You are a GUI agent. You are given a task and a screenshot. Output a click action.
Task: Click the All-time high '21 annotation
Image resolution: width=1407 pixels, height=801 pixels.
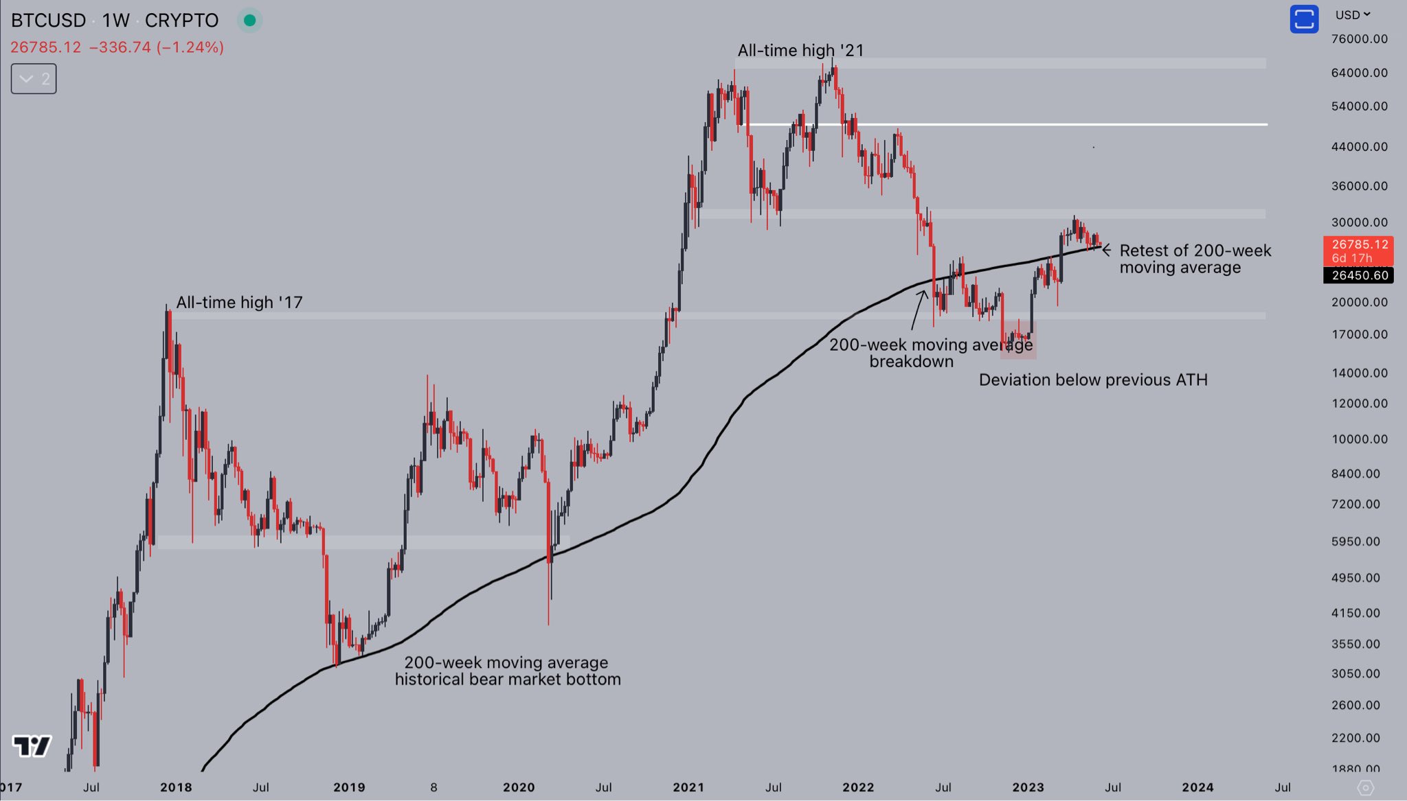(x=800, y=51)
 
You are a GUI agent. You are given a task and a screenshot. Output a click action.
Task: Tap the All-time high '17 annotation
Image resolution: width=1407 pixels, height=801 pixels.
(x=239, y=303)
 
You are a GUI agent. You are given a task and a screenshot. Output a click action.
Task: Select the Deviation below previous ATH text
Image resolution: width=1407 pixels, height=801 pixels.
(x=1092, y=380)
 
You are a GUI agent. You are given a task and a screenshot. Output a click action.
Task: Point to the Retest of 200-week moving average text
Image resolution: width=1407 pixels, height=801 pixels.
(x=1195, y=259)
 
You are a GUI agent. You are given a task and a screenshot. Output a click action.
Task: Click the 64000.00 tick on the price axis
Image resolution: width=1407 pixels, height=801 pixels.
(x=1359, y=73)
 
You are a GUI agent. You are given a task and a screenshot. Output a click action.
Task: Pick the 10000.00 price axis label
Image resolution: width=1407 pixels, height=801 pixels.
(x=1359, y=439)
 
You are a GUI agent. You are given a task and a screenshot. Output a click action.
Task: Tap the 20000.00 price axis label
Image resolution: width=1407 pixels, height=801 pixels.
(x=1359, y=302)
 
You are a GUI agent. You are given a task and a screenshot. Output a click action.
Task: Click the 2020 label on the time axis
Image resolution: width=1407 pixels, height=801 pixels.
(x=519, y=787)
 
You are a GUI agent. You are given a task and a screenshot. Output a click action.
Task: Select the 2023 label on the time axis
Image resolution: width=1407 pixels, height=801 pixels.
(x=1028, y=787)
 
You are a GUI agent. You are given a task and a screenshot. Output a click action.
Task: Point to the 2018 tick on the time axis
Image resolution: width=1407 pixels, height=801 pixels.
(x=176, y=787)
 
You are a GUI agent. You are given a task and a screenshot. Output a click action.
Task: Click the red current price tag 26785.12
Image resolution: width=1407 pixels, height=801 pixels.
(x=1358, y=251)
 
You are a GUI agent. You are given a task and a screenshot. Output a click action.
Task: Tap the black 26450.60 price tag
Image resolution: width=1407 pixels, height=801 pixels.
(x=1358, y=275)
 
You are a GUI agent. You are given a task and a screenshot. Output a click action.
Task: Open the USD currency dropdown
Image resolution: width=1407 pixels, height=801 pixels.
(x=1352, y=15)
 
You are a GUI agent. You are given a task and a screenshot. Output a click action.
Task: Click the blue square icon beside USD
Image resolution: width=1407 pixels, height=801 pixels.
(x=1303, y=19)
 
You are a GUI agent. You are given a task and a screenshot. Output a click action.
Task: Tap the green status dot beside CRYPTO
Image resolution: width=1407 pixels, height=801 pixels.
(x=250, y=21)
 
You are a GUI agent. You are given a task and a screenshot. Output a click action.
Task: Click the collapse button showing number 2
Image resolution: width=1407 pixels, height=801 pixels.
(x=34, y=79)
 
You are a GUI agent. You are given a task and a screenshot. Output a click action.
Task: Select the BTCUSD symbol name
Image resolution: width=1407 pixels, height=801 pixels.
(x=48, y=21)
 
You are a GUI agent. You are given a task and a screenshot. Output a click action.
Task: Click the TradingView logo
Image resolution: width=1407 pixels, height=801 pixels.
(x=32, y=746)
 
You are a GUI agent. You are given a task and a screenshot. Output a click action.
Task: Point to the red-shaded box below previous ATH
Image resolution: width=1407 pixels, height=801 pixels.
(x=1018, y=340)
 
